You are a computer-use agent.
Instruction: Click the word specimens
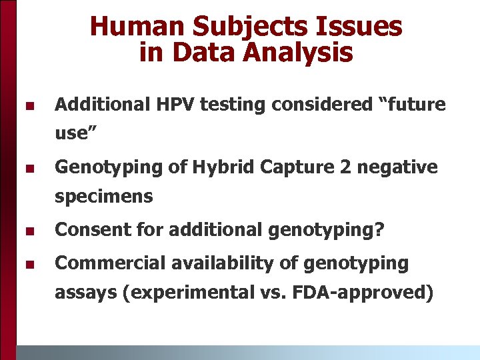[x=103, y=197]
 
